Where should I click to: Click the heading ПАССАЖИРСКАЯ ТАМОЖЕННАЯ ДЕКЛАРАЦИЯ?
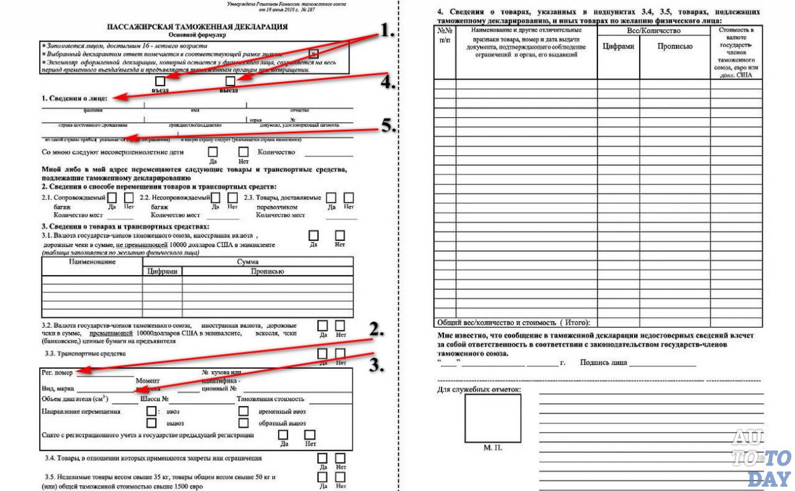click(198, 27)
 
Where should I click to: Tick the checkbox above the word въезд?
click(160, 81)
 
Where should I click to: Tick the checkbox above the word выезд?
click(230, 81)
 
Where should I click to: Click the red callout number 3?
click(376, 365)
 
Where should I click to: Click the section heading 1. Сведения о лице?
click(74, 99)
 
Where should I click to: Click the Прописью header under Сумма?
click(267, 272)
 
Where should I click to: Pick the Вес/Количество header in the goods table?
click(654, 30)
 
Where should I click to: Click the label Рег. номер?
click(57, 373)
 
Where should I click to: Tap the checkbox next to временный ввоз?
click(243, 411)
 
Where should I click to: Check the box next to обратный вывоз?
click(243, 423)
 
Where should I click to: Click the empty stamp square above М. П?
click(493, 418)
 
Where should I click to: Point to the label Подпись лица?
click(603, 363)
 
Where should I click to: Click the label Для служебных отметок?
click(479, 390)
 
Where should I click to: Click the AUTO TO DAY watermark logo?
click(761, 457)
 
